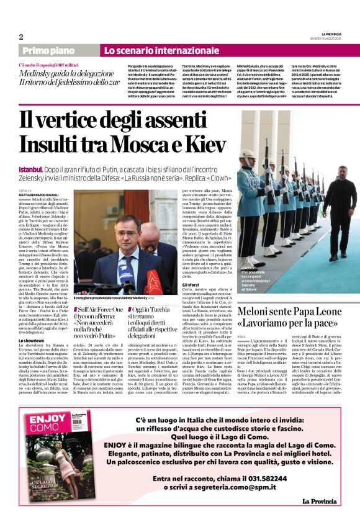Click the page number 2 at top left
22,37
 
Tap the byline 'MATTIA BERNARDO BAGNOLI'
41,194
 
